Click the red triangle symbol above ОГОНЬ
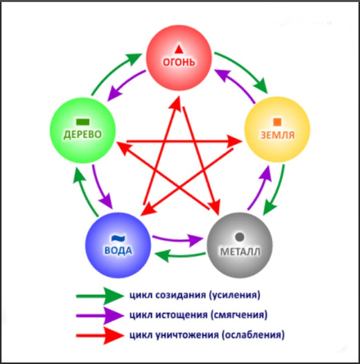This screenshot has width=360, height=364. (179, 49)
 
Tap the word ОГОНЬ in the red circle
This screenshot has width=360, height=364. (179, 62)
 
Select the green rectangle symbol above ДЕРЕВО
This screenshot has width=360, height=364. (83, 121)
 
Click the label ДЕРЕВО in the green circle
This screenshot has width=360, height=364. (83, 134)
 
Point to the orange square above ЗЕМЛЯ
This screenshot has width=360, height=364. (277, 121)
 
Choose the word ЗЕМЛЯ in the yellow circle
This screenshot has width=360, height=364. (277, 135)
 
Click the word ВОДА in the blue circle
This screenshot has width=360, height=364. (120, 250)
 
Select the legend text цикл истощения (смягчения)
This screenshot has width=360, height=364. (198, 315)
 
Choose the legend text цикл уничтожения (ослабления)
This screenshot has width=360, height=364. (207, 334)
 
